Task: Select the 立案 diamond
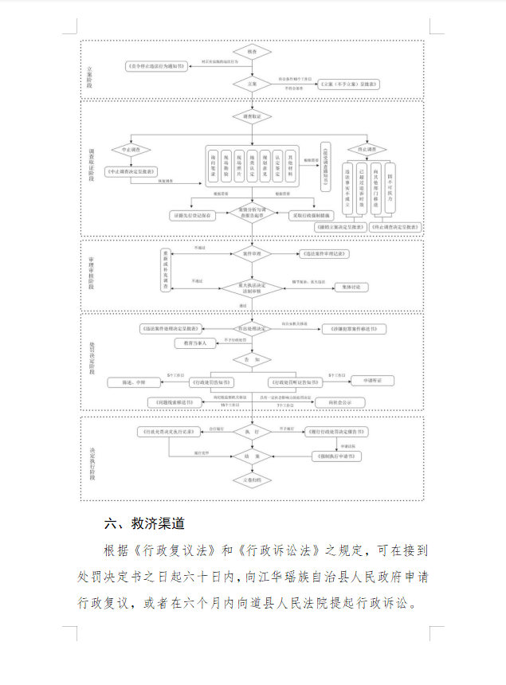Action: pyautogui.click(x=251, y=83)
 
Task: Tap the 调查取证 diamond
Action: pyautogui.click(x=251, y=117)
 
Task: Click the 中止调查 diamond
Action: pyautogui.click(x=131, y=150)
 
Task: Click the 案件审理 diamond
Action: pyautogui.click(x=251, y=254)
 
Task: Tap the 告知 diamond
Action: pyautogui.click(x=251, y=360)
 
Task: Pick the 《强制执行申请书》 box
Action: pyautogui.click(x=335, y=456)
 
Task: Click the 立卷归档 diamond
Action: pyautogui.click(x=251, y=480)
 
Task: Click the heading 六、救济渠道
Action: pyautogui.click(x=145, y=523)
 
